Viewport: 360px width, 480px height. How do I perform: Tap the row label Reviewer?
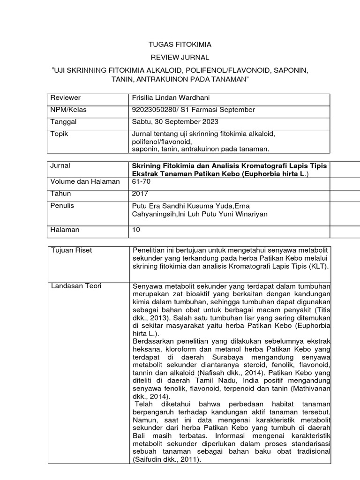coord(66,98)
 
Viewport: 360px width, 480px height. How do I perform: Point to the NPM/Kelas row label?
coord(68,110)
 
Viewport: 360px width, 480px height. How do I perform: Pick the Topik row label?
coord(60,134)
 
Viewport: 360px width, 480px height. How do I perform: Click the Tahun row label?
coord(60,194)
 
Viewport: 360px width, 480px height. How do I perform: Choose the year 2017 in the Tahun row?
coord(141,194)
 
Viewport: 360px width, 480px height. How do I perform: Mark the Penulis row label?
coord(62,206)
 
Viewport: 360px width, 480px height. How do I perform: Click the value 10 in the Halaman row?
coord(136,230)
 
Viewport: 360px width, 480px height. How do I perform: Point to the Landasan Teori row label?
coord(77,286)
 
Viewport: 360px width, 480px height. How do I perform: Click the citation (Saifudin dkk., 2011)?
coord(167,460)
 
